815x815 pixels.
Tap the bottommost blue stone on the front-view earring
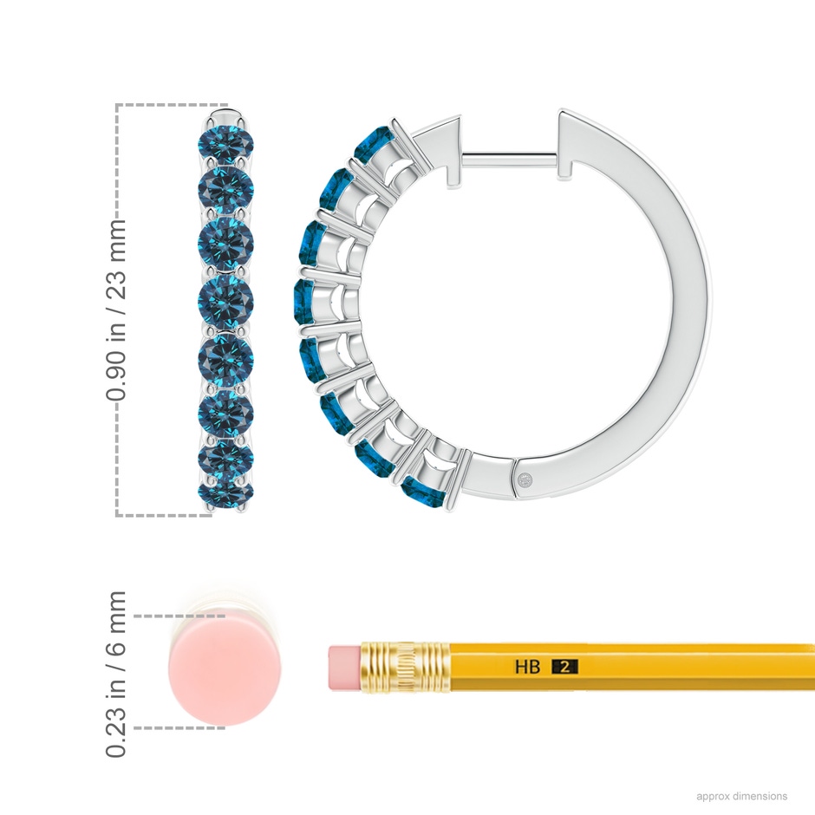pos(226,492)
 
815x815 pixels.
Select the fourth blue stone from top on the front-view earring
pos(226,302)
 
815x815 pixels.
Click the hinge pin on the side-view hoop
pos(526,479)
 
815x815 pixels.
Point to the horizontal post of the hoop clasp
pos(510,160)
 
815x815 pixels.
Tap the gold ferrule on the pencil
pos(406,668)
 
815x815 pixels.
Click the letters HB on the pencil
pos(527,667)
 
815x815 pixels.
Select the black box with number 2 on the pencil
pos(564,667)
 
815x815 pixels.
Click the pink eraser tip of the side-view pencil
pos(345,668)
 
